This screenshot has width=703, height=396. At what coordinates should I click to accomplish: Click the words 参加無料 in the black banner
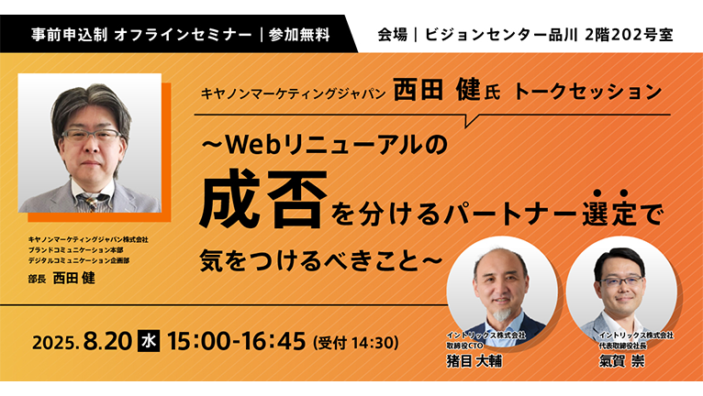point(299,35)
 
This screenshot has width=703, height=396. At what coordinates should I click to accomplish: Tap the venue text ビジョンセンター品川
point(501,35)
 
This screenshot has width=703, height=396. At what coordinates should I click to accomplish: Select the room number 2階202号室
point(629,35)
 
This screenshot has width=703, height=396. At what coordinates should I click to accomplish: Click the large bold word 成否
point(263,198)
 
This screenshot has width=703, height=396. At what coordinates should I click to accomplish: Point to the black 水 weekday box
point(149,342)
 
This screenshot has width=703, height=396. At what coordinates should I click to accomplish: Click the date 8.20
point(107,342)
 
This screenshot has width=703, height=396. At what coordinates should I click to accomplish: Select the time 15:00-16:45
point(236,341)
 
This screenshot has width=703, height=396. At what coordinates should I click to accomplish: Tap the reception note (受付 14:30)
point(356,343)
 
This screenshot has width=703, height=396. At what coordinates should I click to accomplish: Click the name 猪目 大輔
point(474,361)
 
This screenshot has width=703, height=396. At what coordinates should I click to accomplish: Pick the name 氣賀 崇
point(621,361)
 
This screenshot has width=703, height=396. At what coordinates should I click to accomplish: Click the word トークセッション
point(587,92)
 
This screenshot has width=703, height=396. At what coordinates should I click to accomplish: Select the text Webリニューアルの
point(336,145)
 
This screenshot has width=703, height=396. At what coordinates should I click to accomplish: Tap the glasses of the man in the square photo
point(92,135)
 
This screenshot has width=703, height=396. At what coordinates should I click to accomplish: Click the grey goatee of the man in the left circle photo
point(503,314)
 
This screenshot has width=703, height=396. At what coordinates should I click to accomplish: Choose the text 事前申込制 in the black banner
point(69,35)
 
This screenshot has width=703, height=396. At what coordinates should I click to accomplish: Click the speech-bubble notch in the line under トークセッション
point(472,120)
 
